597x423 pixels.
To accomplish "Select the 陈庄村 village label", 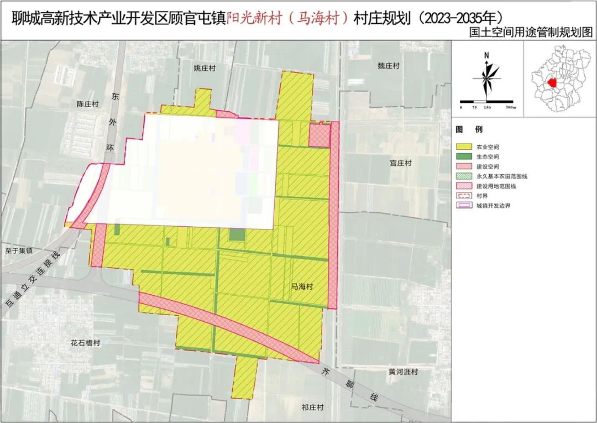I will coord(87,103).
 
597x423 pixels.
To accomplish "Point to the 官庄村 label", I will coord(401,163).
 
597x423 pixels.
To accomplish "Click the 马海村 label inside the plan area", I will coord(302,286).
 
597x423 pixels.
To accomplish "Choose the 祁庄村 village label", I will coord(312,408).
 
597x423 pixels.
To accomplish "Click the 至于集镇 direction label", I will coord(18,250).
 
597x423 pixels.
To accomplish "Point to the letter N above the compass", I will coord(486,55).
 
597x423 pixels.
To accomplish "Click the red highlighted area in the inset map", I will coord(551,82).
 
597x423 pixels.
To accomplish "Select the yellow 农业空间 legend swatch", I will coord(463,147).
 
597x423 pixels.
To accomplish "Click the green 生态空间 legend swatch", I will coord(463,156).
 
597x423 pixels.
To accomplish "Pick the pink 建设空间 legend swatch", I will coord(463,166).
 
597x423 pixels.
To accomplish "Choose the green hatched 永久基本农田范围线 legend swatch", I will coord(463,176).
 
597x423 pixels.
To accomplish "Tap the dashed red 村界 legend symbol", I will coord(463,195).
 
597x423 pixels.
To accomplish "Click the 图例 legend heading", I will coord(469,129).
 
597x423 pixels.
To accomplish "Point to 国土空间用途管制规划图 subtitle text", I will coord(529,33).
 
